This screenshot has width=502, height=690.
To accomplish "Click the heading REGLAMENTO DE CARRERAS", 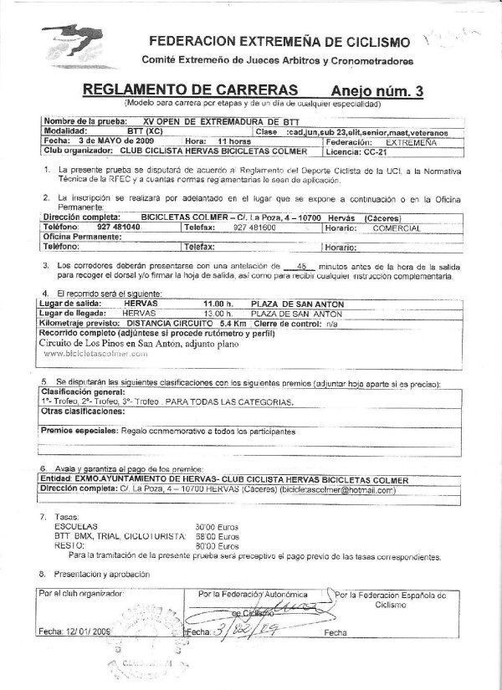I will click(x=191, y=89).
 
